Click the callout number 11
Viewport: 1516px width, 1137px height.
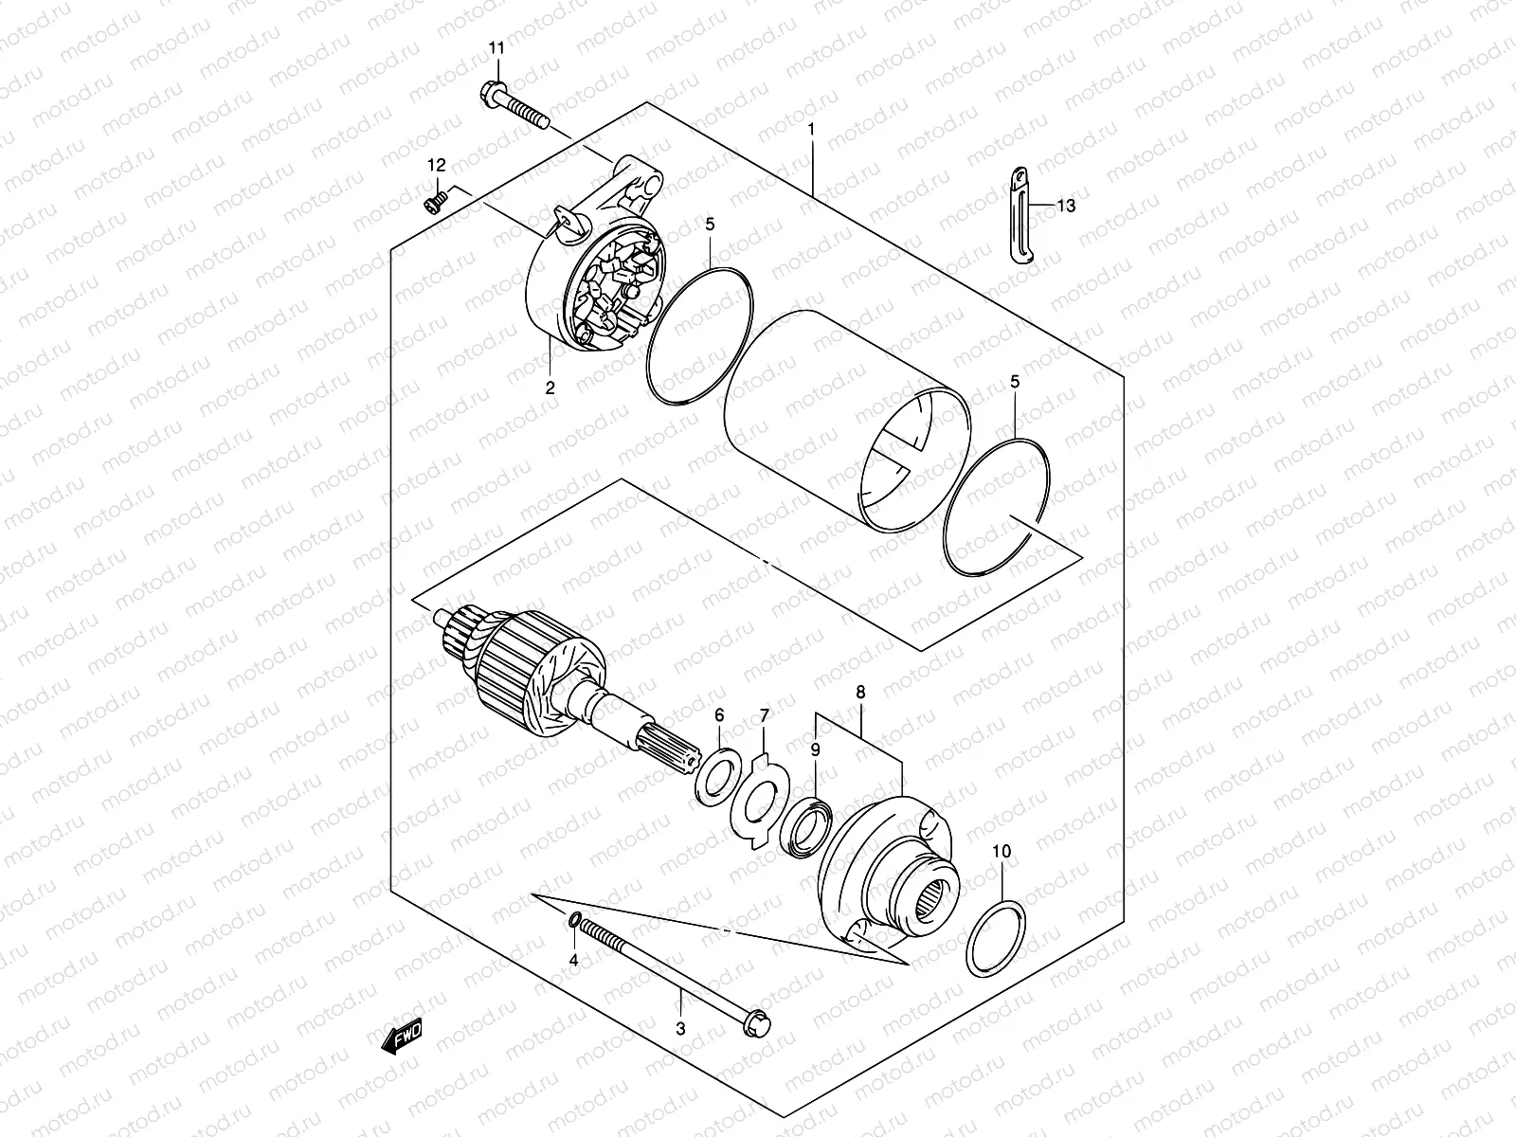(497, 47)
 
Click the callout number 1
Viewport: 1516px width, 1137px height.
(811, 127)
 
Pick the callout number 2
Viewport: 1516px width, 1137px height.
(550, 388)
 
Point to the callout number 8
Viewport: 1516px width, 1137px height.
(860, 693)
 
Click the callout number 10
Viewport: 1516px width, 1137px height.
(1002, 852)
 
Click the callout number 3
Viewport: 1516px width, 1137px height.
(680, 1028)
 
